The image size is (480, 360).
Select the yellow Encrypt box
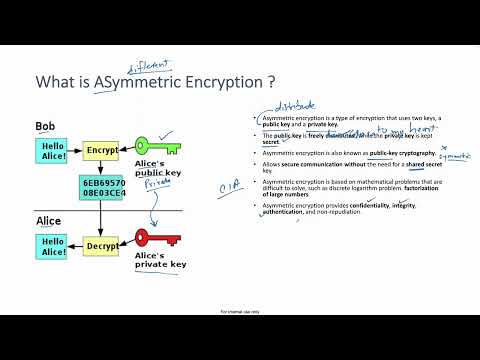pos(101,151)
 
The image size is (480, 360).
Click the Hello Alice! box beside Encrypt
pos(52,151)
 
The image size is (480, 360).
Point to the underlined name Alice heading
pos(49,220)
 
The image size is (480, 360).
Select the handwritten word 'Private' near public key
pos(154,183)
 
